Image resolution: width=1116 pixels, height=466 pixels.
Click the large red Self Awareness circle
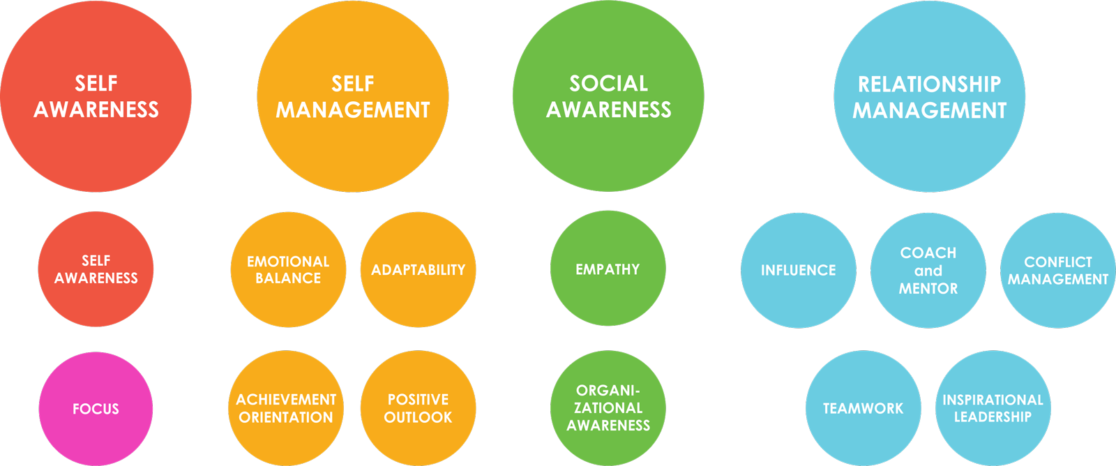coord(96,96)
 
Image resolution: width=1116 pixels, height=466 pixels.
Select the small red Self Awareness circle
coord(96,269)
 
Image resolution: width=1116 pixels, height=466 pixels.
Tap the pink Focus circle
coord(96,409)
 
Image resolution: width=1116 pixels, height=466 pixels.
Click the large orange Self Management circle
coord(353,96)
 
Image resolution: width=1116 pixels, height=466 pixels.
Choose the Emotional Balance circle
coord(288,270)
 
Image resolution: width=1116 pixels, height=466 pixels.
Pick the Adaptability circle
coord(418,270)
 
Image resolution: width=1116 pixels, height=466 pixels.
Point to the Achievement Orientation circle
coord(286,408)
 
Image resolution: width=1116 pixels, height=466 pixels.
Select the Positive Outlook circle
coord(418,408)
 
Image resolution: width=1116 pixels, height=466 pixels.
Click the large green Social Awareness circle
coord(608,96)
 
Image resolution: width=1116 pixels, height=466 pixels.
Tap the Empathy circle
coord(608,268)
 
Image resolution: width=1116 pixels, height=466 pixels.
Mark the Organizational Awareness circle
coord(608,408)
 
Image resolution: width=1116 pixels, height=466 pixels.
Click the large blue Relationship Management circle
coord(930,96)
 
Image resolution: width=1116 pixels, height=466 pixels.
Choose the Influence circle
coord(799,271)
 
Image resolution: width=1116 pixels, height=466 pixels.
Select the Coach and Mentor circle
coord(928,271)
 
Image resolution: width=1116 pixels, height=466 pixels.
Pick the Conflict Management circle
coord(1058,271)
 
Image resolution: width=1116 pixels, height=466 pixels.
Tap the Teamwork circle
coord(864,408)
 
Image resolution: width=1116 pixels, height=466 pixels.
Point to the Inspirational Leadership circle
coord(993,408)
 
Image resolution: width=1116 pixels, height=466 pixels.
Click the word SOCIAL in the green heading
coord(609,83)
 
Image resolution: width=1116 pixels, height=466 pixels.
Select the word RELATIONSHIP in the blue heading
coord(930,84)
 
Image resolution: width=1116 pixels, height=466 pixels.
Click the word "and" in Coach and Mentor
coord(928,271)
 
